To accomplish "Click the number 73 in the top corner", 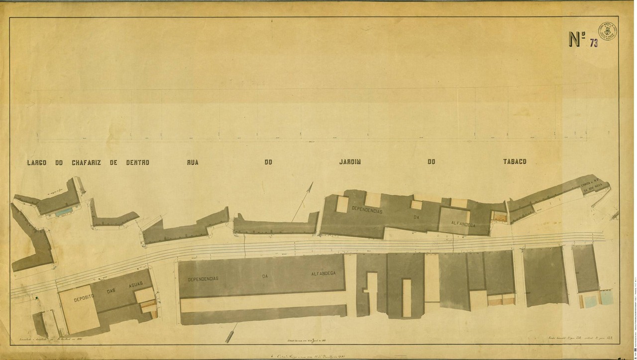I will [x=594, y=42].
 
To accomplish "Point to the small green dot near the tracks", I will [x=36, y=298].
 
